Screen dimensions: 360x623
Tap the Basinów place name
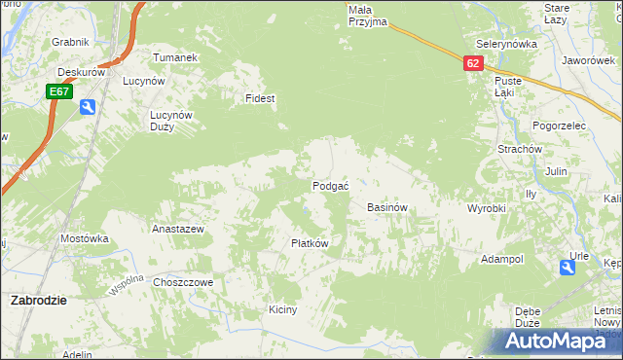pyautogui.click(x=386, y=208)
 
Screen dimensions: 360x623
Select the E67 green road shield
pyautogui.click(x=59, y=91)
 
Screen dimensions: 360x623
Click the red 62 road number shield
pyautogui.click(x=473, y=62)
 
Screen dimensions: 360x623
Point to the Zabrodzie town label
pyautogui.click(x=38, y=301)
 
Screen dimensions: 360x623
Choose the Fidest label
pyautogui.click(x=260, y=99)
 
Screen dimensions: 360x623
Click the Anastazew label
pyautogui.click(x=177, y=230)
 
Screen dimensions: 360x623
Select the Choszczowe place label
pyautogui.click(x=183, y=282)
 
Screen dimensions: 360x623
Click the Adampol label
pyautogui.click(x=502, y=260)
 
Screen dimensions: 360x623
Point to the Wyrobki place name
pyautogui.click(x=487, y=209)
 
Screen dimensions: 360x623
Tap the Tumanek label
pyautogui.click(x=175, y=57)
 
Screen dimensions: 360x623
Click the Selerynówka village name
pyautogui.click(x=507, y=45)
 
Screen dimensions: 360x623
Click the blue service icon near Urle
pyautogui.click(x=568, y=267)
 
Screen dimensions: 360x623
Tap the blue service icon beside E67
pyautogui.click(x=88, y=107)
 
